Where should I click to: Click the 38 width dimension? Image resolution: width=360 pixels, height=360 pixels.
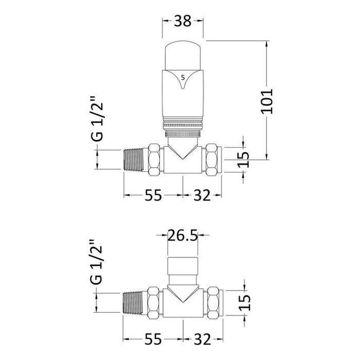point(184,22)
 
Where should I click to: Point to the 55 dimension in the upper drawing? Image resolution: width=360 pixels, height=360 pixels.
point(153,195)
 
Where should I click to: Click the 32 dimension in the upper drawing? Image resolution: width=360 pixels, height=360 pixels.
point(203,195)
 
